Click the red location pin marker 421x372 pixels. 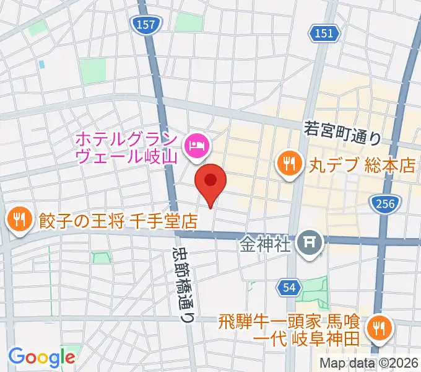[x=210, y=182]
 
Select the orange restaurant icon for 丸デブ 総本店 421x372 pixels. [x=289, y=165]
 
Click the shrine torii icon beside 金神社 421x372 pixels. [x=309, y=243]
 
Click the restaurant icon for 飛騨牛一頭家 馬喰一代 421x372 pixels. [x=378, y=329]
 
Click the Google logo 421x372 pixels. [x=41, y=357]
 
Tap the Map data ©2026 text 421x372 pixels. [x=368, y=363]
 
